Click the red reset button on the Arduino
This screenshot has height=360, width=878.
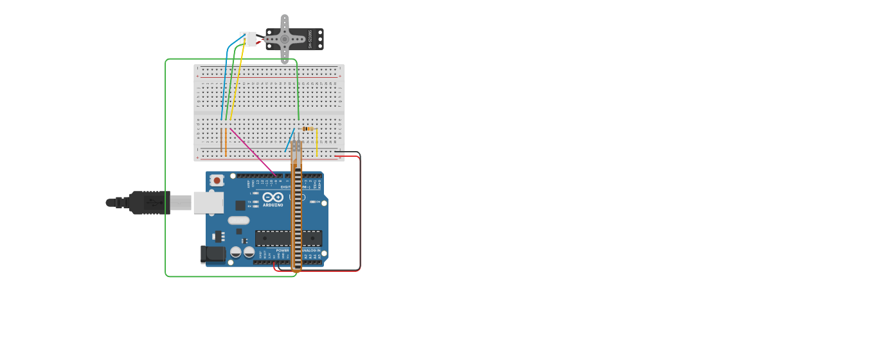(x=217, y=181)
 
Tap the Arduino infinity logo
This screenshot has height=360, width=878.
(x=273, y=197)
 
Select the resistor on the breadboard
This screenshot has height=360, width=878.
(x=307, y=129)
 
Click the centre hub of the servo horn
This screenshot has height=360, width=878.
(x=285, y=39)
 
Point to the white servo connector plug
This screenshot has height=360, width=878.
(x=248, y=39)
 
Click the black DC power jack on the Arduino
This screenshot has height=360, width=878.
(x=213, y=255)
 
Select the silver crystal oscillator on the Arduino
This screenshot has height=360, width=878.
(x=238, y=220)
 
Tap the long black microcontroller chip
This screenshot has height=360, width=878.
(x=288, y=239)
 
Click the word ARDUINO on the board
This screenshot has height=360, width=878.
(x=273, y=205)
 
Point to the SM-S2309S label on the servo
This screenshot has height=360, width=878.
(x=310, y=39)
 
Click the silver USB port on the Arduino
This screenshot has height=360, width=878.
(x=208, y=203)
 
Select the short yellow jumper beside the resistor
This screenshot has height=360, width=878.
(x=316, y=143)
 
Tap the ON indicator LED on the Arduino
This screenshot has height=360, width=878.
(x=313, y=202)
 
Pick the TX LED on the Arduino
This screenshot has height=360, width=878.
(x=256, y=201)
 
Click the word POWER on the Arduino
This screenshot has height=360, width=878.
(x=283, y=250)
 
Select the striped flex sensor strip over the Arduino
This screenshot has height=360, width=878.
(x=296, y=212)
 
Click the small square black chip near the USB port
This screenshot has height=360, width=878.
(x=240, y=205)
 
